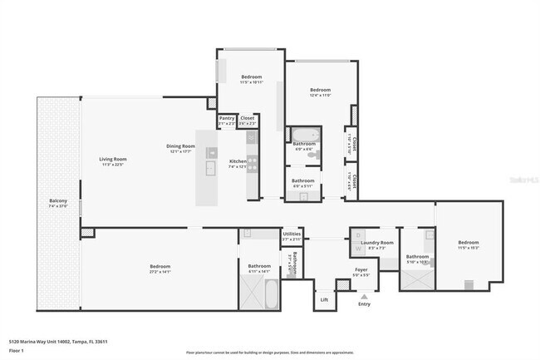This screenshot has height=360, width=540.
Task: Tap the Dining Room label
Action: tap(180, 146)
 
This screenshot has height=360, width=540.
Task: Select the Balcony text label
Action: tap(58, 201)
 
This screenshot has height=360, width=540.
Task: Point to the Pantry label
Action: tap(227, 118)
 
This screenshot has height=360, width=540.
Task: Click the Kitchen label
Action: tap(238, 160)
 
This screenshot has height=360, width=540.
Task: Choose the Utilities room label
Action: tap(292, 234)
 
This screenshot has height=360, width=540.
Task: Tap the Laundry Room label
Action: tap(376, 243)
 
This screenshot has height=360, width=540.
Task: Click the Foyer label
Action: tap(361, 269)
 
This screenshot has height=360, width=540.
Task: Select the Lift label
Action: tap(324, 299)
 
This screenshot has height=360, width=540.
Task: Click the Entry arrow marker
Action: tap(364, 295)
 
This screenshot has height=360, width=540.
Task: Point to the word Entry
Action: tap(364, 304)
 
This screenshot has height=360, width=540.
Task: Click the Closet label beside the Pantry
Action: tap(248, 118)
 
